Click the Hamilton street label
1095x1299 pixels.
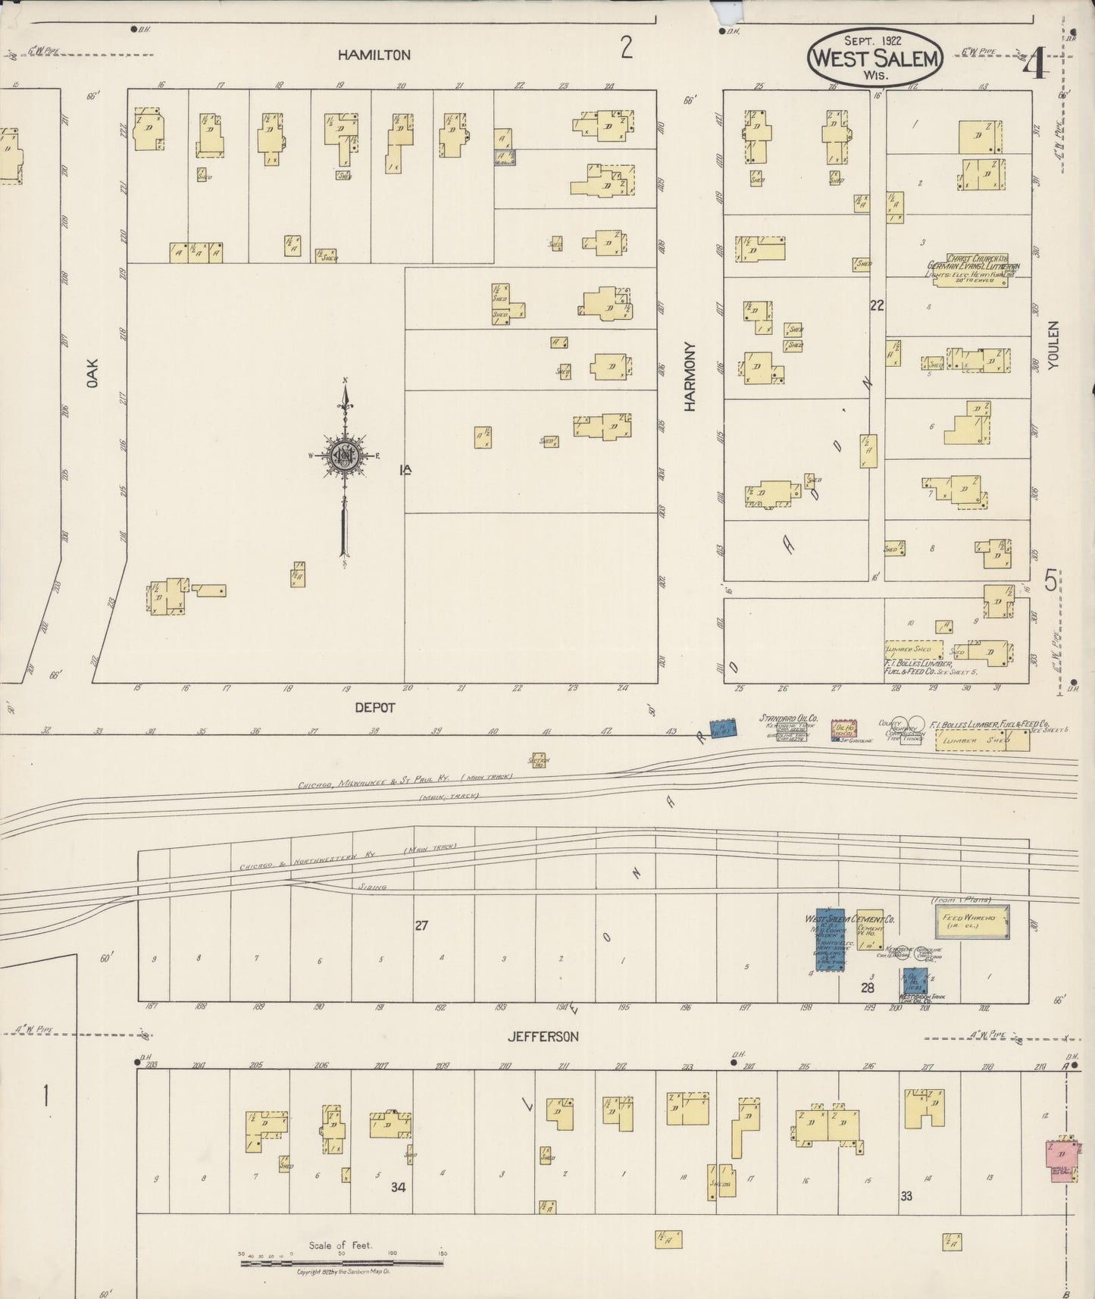[374, 55]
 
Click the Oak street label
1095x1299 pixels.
[92, 374]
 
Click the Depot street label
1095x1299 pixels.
[375, 707]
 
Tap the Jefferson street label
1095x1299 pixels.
[543, 1036]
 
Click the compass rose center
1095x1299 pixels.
[345, 455]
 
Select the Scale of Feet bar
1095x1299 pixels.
[341, 1262]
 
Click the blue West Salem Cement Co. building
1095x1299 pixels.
[830, 940]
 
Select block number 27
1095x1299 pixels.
[421, 925]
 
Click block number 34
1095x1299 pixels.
[398, 1188]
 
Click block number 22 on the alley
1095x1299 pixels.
[877, 305]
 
